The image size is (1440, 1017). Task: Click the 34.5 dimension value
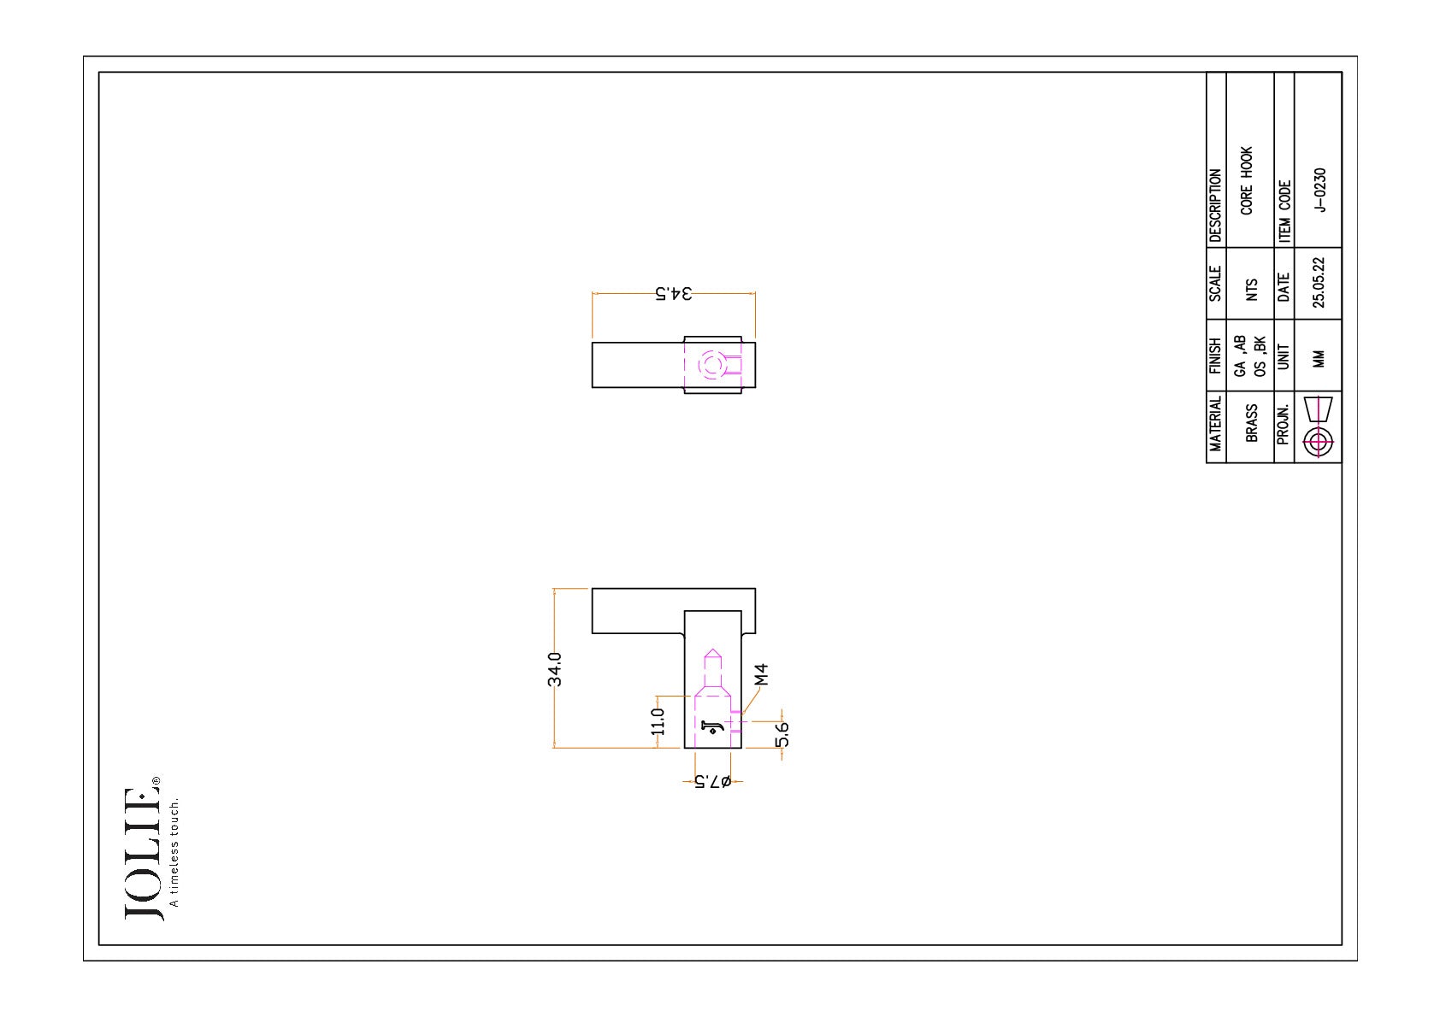674,294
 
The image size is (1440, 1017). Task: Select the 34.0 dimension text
555,669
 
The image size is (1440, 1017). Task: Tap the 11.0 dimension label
658,721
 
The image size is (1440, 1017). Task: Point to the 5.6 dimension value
782,735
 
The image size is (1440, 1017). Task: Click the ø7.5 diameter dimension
713,781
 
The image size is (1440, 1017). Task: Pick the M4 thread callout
761,674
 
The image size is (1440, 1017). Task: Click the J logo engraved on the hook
712,727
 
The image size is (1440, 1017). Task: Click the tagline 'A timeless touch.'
174,853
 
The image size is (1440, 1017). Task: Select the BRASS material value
1252,423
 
